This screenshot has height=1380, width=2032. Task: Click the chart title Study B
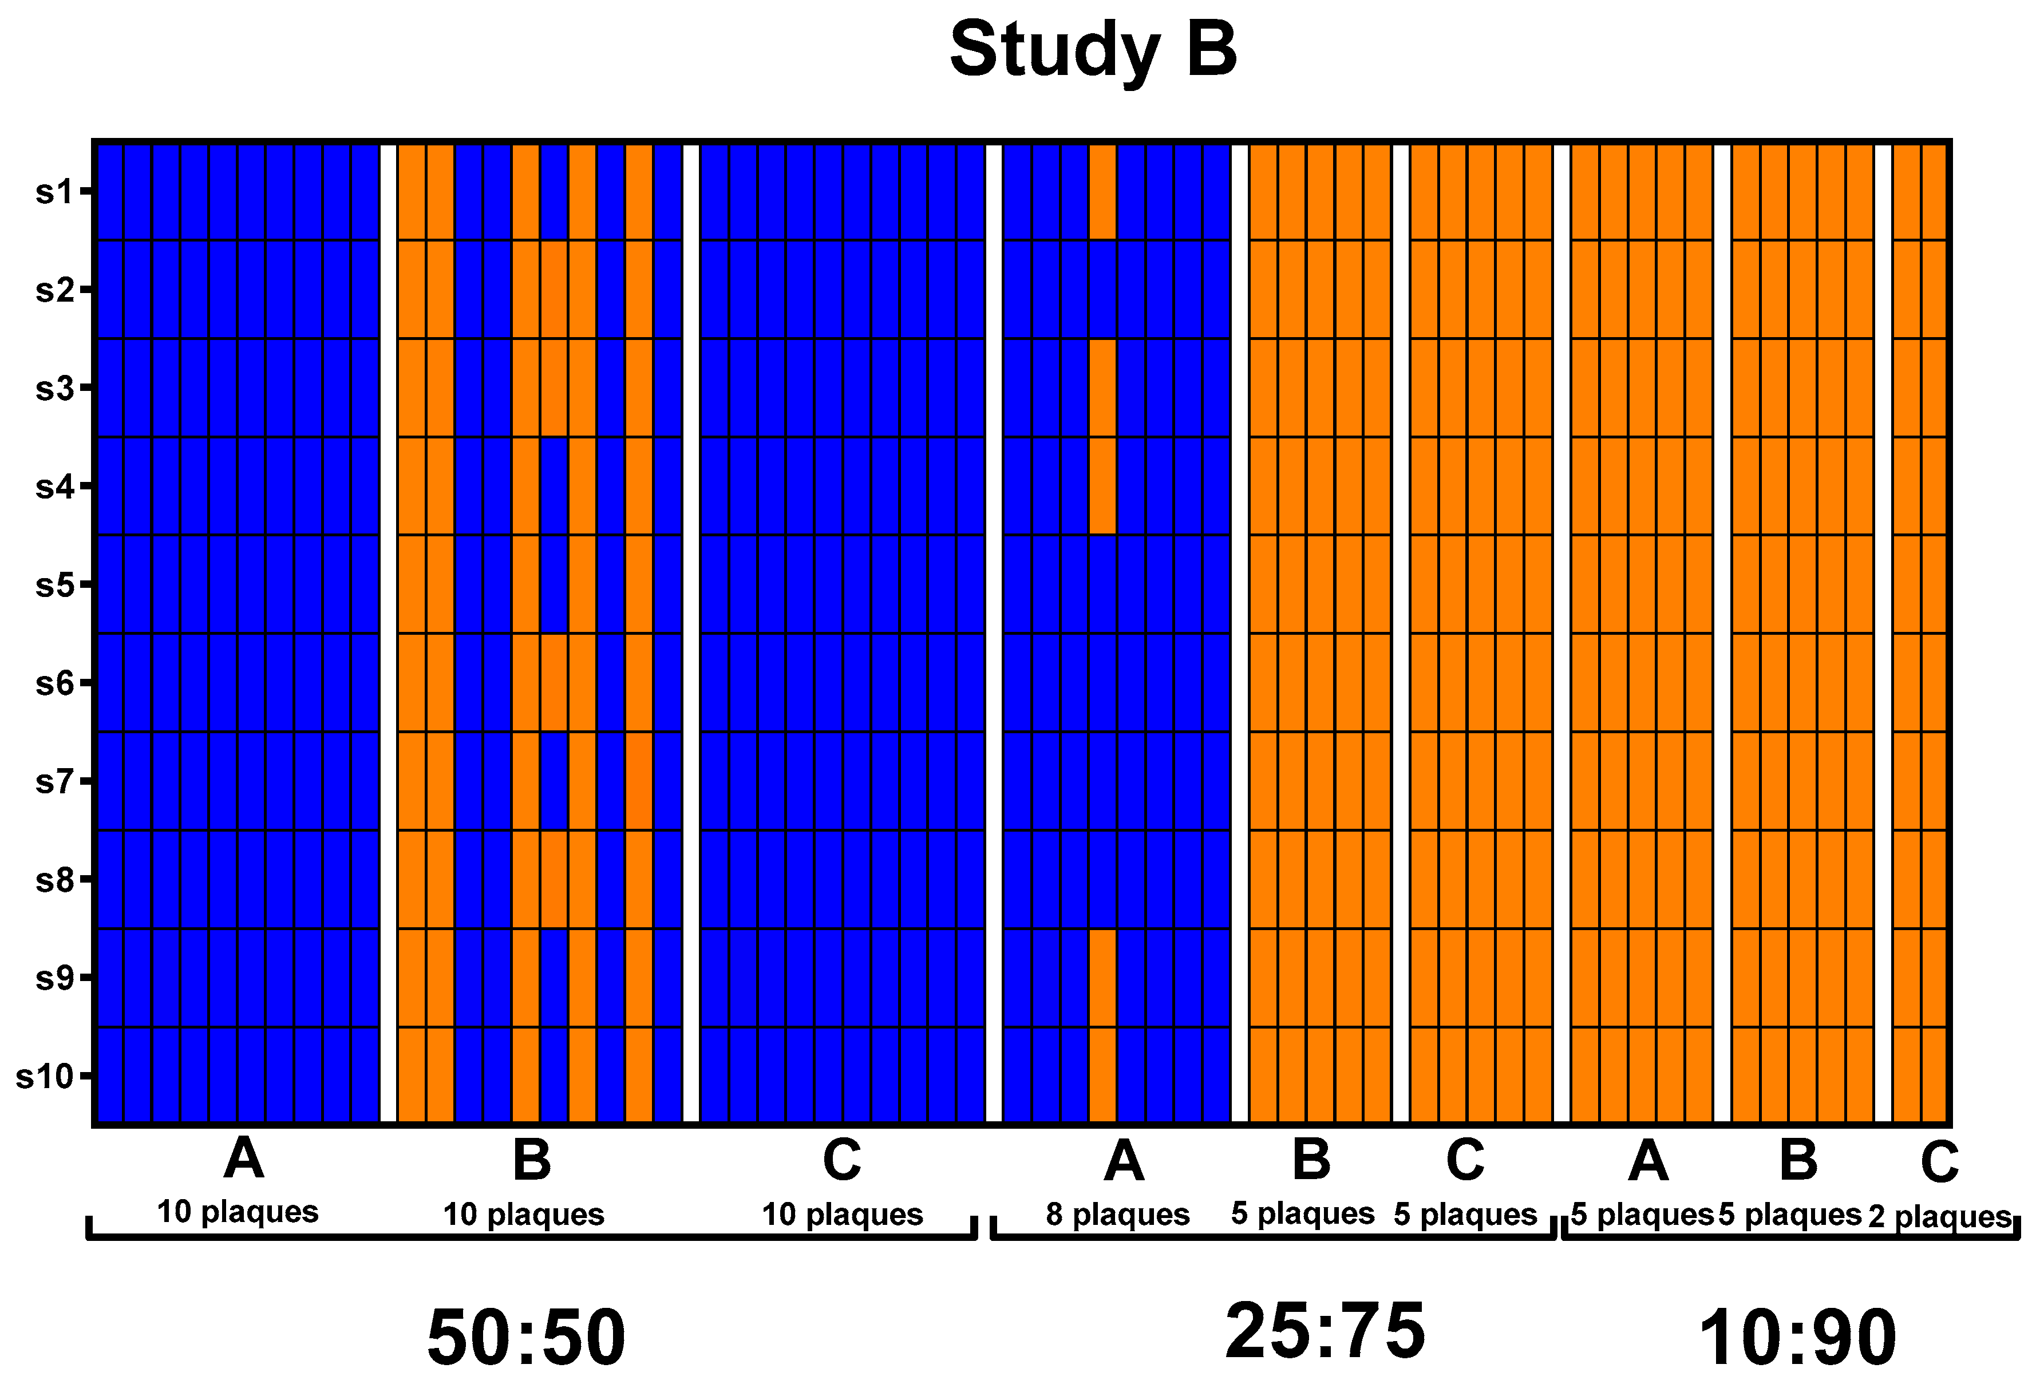[x=1093, y=49]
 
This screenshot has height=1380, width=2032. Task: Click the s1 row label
[x=54, y=191]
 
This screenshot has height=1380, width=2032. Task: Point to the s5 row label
[x=54, y=584]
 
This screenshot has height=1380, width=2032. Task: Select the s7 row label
[x=54, y=781]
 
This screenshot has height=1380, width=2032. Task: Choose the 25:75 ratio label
[x=1325, y=1330]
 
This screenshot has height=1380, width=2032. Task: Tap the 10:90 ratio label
[x=1797, y=1337]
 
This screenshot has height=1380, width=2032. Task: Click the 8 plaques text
[x=1117, y=1215]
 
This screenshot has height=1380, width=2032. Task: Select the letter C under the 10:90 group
[x=1939, y=1162]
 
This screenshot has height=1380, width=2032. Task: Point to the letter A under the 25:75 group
[x=1124, y=1161]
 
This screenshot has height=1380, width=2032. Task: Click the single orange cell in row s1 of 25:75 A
[x=1102, y=191]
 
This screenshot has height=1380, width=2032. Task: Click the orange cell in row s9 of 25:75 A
[x=1102, y=977]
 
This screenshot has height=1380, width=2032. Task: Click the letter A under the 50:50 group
[x=243, y=1158]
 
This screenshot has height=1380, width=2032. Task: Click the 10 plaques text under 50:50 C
[x=842, y=1215]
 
